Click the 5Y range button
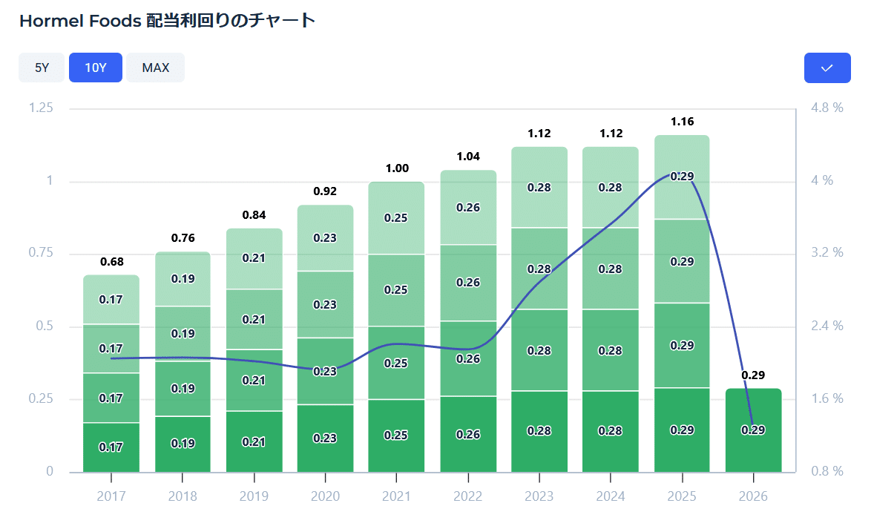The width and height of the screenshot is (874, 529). coord(42,68)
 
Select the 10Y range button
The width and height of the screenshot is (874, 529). coord(96,68)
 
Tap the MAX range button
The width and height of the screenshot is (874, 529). coord(156,68)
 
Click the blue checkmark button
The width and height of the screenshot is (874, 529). coord(827,68)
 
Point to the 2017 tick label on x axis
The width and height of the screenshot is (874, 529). coord(111,496)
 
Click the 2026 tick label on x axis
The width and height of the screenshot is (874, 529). coord(753,496)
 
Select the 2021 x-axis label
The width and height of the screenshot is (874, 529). coord(397,496)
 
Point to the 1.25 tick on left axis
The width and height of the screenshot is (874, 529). coord(41,108)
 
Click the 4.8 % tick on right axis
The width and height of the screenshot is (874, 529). coord(827,108)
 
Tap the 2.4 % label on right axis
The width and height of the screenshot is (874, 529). coord(827,326)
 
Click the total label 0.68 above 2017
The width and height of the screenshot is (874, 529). coord(111,262)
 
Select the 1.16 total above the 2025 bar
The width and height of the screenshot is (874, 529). coord(682,122)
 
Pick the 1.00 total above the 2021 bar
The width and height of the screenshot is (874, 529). coord(397,168)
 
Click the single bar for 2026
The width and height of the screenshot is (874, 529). coord(753,430)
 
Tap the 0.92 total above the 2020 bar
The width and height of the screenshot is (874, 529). coord(325,191)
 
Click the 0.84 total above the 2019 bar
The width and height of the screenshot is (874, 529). coord(254,215)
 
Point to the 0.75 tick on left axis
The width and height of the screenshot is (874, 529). coord(41,254)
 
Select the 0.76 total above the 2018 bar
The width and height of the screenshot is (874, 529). coord(183,238)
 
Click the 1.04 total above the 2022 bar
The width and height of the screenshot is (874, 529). coord(468,157)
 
